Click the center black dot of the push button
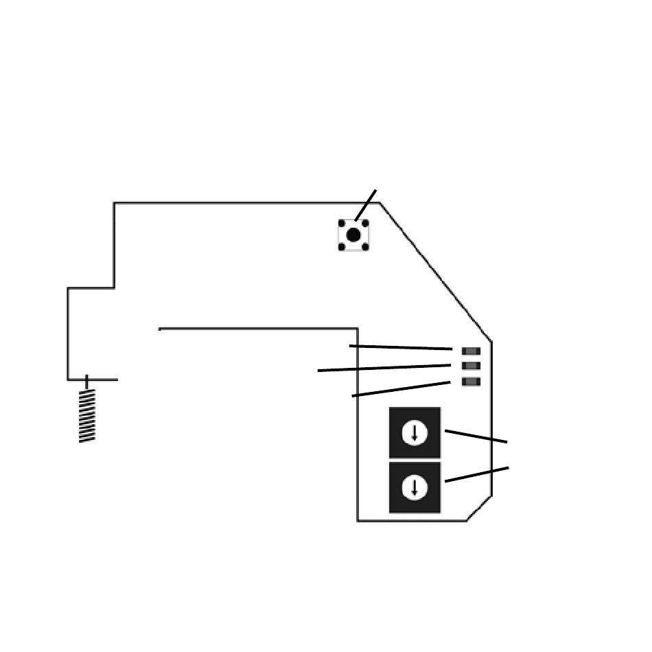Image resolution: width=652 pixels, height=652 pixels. point(353,235)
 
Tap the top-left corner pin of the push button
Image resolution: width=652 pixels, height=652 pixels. point(342,224)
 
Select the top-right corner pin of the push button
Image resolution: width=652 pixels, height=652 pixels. point(365,224)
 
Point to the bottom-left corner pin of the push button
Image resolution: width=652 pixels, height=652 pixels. point(342,246)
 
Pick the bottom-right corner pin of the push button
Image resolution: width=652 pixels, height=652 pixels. point(365,246)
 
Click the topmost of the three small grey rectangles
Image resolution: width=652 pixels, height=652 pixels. point(471,351)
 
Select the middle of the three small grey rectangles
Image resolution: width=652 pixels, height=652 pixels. point(471,366)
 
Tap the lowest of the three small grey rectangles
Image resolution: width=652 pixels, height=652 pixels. point(471,382)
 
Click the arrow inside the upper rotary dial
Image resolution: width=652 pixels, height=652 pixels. point(415,433)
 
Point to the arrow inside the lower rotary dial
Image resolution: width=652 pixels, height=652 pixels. point(415,487)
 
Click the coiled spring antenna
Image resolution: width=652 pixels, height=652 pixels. point(87,416)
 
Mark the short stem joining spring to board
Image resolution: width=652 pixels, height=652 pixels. point(86,382)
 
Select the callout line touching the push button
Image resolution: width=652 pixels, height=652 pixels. point(366,205)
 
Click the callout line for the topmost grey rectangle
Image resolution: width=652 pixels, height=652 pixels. point(401,347)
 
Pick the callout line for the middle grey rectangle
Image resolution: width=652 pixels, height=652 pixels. point(384,368)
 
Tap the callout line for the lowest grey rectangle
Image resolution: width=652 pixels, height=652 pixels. point(401,389)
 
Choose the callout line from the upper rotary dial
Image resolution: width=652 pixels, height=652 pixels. point(476,436)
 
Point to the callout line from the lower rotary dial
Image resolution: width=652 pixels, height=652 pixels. point(477,474)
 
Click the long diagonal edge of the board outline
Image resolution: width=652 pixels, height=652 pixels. point(436,272)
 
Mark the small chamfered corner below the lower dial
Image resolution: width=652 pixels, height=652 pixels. point(479,509)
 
